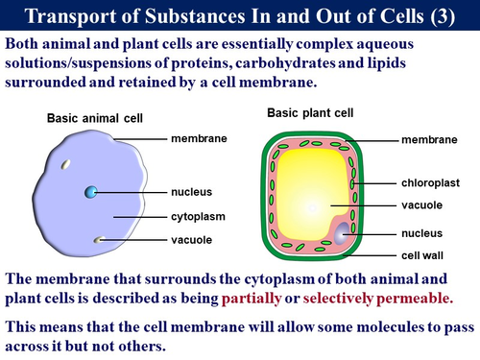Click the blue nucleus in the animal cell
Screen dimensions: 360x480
tap(90, 192)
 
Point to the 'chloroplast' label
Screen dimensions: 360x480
tap(426, 180)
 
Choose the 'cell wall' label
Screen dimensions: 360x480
tap(421, 256)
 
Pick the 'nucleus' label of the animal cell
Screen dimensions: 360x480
tap(192, 192)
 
